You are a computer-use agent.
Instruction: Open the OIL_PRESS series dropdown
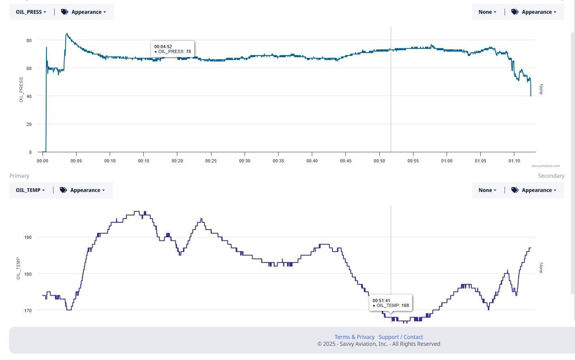(x=31, y=12)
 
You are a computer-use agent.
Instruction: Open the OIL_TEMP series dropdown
(x=30, y=190)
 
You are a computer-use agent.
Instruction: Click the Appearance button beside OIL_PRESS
(x=83, y=12)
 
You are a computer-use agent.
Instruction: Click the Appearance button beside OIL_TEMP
(x=82, y=190)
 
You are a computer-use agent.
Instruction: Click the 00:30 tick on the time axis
(x=245, y=161)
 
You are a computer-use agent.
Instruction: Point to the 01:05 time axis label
(x=480, y=161)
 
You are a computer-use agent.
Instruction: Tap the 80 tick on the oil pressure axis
(x=29, y=40)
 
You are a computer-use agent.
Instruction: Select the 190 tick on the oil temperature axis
(x=28, y=237)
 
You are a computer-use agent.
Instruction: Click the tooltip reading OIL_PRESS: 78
(x=172, y=49)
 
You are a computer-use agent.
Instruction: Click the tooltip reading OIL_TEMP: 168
(x=391, y=303)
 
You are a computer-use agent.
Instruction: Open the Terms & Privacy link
(x=354, y=337)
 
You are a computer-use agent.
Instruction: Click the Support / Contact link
(x=400, y=337)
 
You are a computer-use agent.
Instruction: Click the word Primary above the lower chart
(x=19, y=176)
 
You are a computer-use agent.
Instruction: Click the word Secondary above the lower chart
(x=551, y=176)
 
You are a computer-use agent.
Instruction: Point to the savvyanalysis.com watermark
(x=545, y=166)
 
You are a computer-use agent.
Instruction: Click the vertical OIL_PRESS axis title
(x=21, y=89)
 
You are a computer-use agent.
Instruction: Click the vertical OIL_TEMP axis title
(x=18, y=268)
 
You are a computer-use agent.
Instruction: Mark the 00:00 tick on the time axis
(x=43, y=161)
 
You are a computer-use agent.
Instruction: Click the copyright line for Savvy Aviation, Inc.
(x=379, y=344)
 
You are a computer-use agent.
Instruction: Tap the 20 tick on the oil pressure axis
(x=29, y=124)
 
